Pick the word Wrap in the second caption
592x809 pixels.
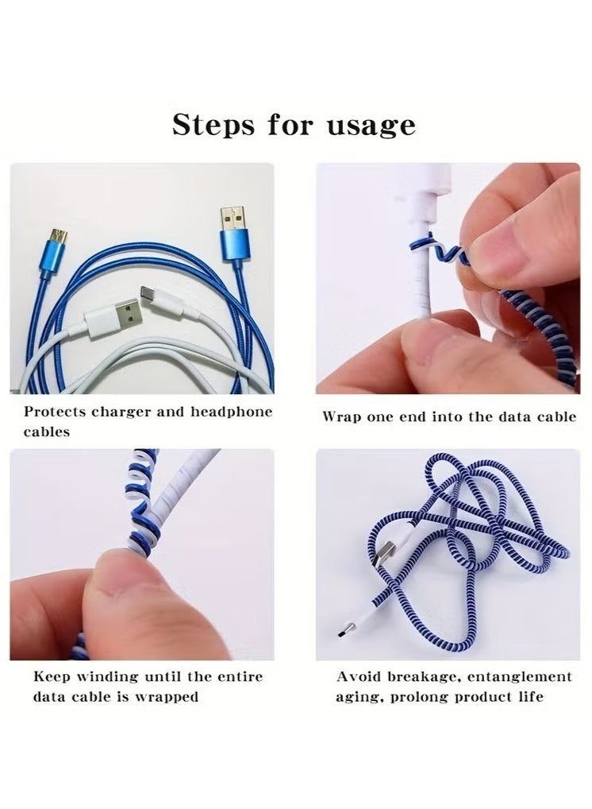[x=340, y=416]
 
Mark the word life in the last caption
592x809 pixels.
[x=530, y=697]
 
